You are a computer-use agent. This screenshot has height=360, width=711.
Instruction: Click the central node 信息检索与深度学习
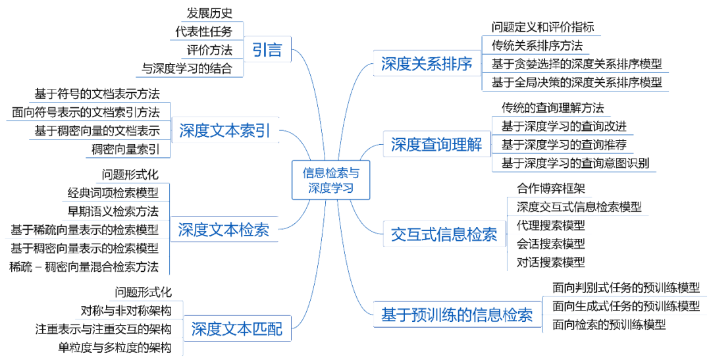coord(330,180)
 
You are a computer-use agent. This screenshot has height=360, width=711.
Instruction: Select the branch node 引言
coord(267,50)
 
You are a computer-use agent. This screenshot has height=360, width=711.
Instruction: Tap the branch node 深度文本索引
coord(224,130)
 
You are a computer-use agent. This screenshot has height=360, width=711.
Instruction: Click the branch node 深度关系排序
coord(427,64)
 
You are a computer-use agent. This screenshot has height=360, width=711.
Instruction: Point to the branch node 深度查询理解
coord(436,145)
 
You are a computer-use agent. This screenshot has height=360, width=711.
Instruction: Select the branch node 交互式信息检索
coord(444,234)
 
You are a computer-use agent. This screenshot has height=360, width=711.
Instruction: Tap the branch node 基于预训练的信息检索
coord(457,315)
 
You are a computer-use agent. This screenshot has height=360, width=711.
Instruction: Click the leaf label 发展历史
coord(209,13)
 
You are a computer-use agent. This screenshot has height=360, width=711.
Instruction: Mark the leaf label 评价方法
coord(209,49)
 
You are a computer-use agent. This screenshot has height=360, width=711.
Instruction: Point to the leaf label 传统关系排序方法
coord(537,45)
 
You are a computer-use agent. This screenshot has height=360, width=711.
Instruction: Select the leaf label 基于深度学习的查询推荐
coord(564,144)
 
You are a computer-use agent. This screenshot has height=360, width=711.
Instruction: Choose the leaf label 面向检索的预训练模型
coord(609,324)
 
